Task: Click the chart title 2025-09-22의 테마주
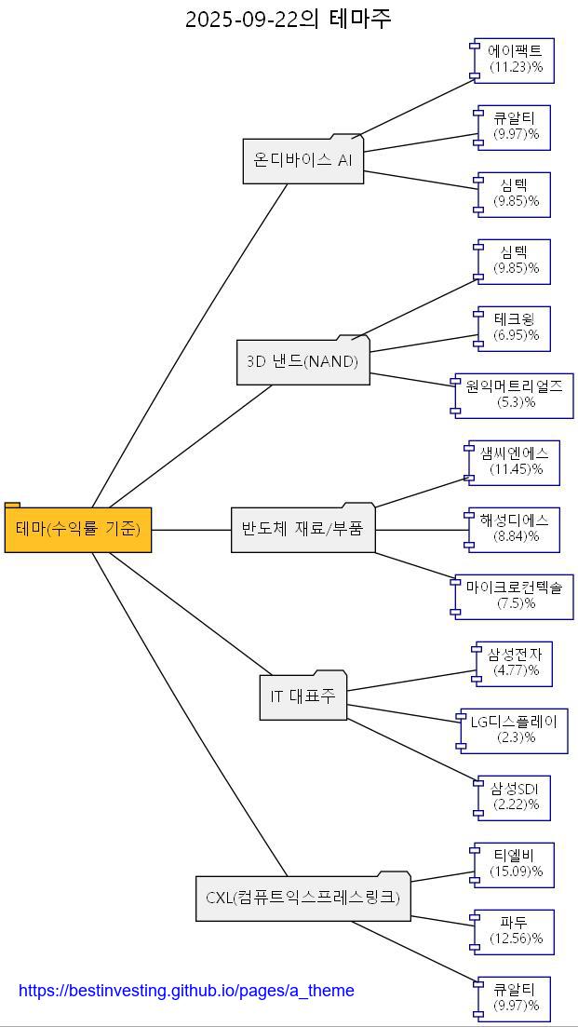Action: click(289, 19)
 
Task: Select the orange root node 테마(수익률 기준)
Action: click(78, 530)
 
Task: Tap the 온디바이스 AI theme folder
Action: click(302, 160)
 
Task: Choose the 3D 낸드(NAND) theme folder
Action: click(302, 362)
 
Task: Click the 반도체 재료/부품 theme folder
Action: click(302, 530)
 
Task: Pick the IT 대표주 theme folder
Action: click(302, 696)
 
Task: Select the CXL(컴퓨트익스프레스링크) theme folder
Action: click(302, 899)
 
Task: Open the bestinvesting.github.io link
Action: click(186, 991)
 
